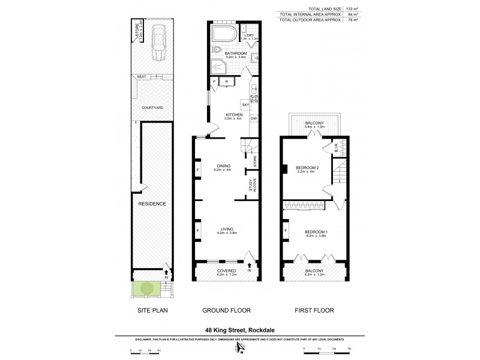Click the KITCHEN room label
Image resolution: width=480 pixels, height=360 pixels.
point(234,114)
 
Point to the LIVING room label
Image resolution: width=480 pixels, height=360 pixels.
point(226,228)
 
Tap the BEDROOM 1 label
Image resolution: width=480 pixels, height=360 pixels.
point(314,232)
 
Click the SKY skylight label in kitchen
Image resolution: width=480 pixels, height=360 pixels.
point(245,105)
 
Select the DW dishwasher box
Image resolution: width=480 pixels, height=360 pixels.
point(254,118)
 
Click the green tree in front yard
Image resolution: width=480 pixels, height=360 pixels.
point(146,288)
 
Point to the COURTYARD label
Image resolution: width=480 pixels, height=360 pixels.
point(152,107)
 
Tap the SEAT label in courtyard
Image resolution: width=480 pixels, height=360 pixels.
point(142,77)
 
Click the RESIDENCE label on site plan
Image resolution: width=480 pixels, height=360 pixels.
point(152,204)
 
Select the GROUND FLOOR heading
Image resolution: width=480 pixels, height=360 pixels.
point(226,310)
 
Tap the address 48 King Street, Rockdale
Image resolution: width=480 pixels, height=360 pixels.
point(240,329)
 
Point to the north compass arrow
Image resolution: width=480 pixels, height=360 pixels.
point(240,347)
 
